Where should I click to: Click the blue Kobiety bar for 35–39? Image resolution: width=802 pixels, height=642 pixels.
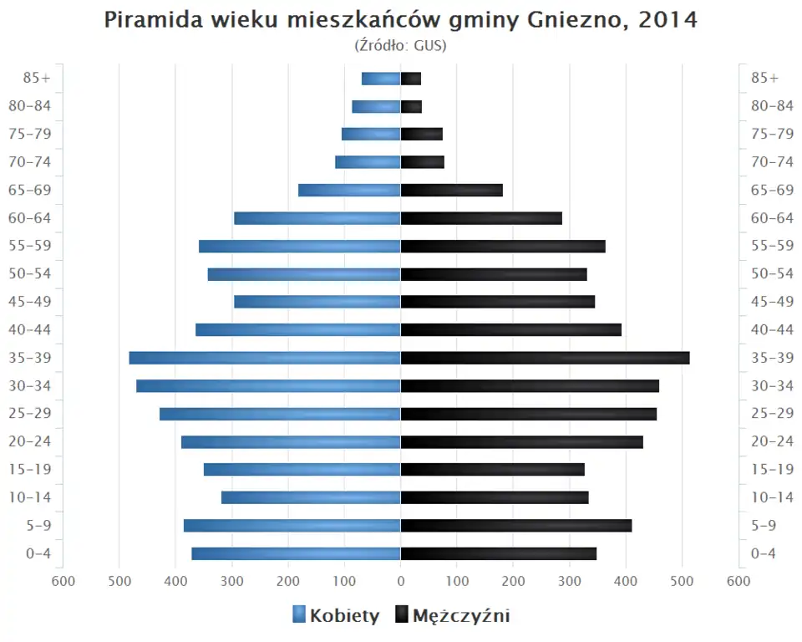pyautogui.click(x=265, y=358)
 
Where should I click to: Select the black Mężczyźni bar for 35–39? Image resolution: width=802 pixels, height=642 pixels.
pyautogui.click(x=545, y=358)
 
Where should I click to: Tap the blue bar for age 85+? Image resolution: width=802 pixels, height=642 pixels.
pyautogui.click(x=381, y=79)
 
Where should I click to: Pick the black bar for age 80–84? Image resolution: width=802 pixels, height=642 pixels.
pyautogui.click(x=411, y=106)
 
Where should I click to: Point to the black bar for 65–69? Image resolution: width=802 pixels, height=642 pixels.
pyautogui.click(x=451, y=190)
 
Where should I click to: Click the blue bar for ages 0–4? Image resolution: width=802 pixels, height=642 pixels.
pyautogui.click(x=296, y=553)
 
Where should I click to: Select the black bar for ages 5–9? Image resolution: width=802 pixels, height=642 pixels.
pyautogui.click(x=515, y=525)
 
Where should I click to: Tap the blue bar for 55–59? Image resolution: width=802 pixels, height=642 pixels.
pyautogui.click(x=299, y=246)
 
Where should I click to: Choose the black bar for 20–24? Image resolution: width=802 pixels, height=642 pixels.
pyautogui.click(x=521, y=441)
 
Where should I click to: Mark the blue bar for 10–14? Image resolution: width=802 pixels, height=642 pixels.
pyautogui.click(x=311, y=497)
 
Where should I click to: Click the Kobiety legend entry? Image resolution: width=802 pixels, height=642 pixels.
pyautogui.click(x=336, y=616)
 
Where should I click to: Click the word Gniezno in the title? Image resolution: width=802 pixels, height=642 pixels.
pyautogui.click(x=577, y=20)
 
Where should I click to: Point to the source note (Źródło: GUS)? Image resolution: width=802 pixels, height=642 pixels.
pyautogui.click(x=400, y=45)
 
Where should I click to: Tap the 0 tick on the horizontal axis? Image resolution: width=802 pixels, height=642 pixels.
pyautogui.click(x=401, y=582)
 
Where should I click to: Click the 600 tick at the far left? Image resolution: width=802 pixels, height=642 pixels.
pyautogui.click(x=63, y=582)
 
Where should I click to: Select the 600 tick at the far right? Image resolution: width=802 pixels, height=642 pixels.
pyautogui.click(x=739, y=582)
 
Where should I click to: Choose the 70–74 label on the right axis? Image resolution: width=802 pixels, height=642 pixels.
pyautogui.click(x=772, y=162)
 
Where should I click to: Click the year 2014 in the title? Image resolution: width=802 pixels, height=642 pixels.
pyautogui.click(x=667, y=20)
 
